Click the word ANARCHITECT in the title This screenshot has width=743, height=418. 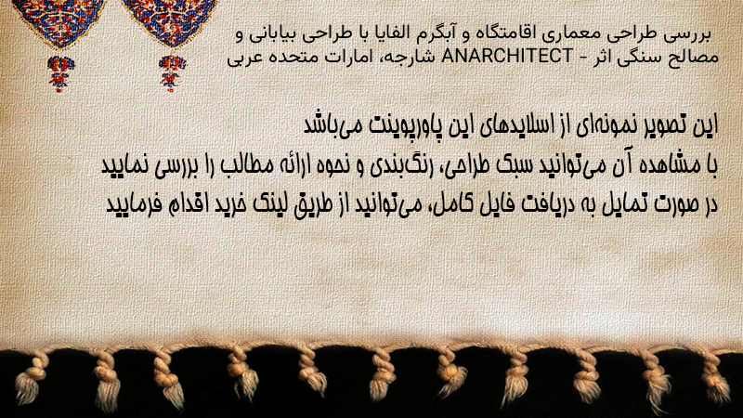[x=507, y=57]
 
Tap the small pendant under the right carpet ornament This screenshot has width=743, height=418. [x=171, y=73]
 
